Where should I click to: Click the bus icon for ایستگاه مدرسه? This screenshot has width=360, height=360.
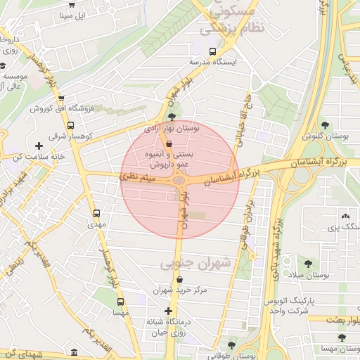point(213,51)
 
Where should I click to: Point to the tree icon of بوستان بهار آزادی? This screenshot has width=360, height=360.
point(172,117)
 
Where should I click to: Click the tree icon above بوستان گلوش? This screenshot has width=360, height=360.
point(324,124)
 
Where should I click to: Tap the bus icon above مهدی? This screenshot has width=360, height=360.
point(96,213)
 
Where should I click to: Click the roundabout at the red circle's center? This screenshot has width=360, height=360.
point(180,181)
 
